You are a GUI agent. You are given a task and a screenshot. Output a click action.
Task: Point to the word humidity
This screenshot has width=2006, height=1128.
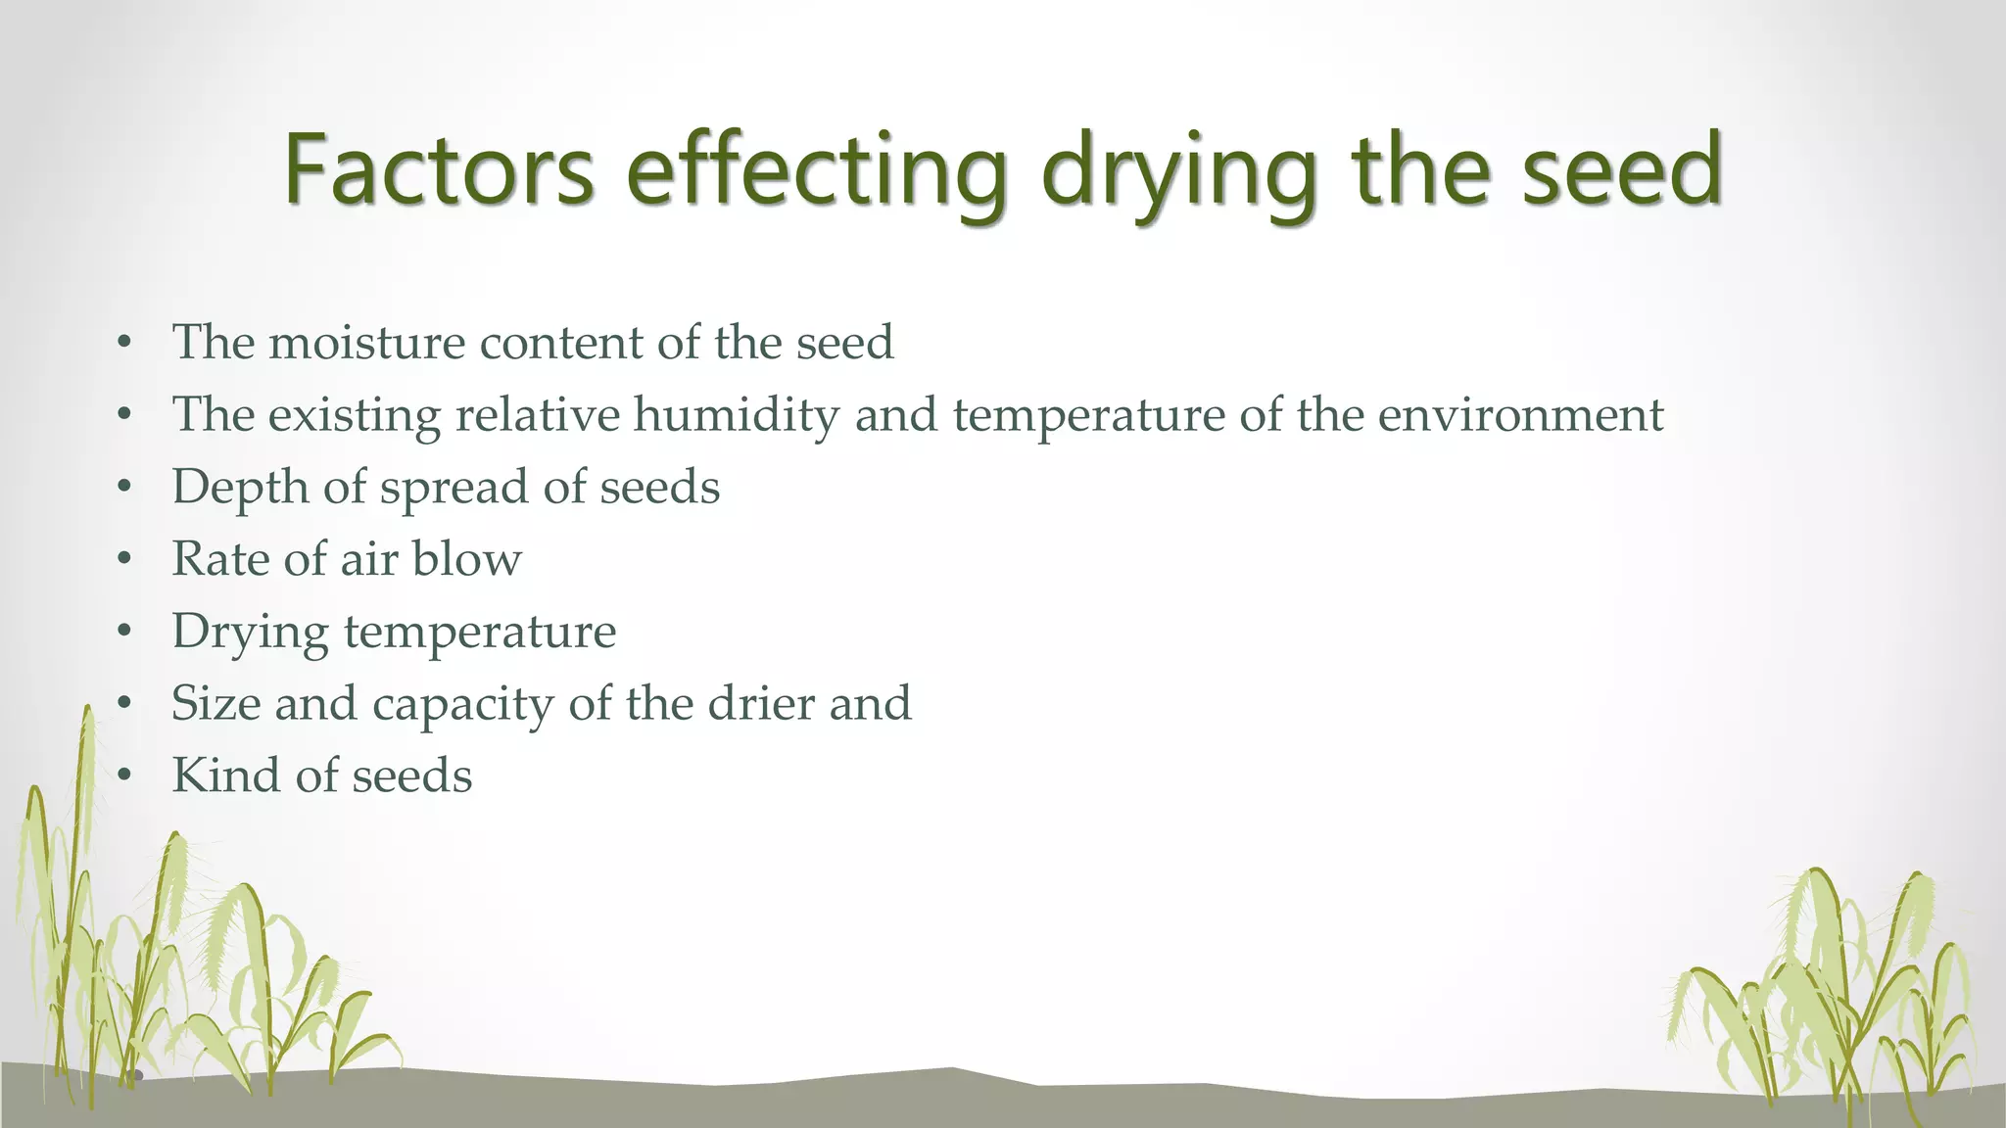click(x=737, y=415)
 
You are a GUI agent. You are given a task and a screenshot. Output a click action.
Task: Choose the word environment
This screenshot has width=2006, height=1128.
click(x=1520, y=415)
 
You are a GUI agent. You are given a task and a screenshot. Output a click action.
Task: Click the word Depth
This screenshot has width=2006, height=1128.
click(x=240, y=488)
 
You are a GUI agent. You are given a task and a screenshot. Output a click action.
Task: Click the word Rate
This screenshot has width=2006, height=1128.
click(x=220, y=559)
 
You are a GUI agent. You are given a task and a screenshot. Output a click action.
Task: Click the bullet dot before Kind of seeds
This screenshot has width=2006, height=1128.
click(x=123, y=776)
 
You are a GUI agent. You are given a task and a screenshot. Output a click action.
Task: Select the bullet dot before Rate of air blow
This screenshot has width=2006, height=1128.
click(x=123, y=560)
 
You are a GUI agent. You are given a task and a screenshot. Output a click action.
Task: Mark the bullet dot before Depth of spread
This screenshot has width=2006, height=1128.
click(x=123, y=488)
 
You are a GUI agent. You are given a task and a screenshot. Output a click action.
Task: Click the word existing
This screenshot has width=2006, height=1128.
click(x=355, y=415)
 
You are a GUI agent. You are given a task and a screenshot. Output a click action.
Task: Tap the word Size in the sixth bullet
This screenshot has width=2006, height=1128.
click(x=215, y=703)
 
